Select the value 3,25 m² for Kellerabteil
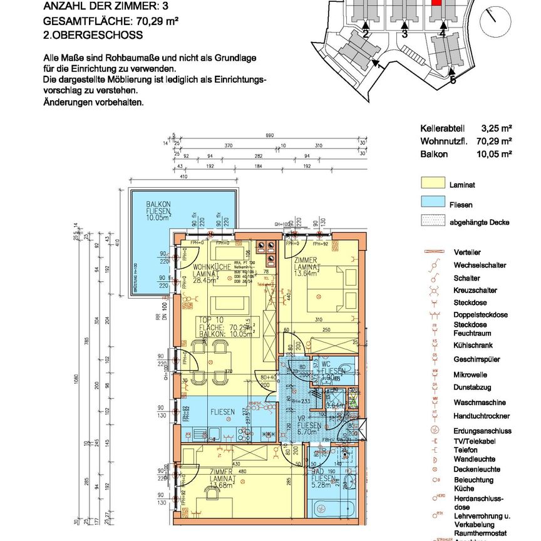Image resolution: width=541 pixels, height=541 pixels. [497, 131]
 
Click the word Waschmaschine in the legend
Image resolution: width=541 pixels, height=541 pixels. [479, 403]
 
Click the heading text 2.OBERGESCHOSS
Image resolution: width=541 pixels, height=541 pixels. [93, 35]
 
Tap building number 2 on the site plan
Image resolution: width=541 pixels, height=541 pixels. [365, 34]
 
